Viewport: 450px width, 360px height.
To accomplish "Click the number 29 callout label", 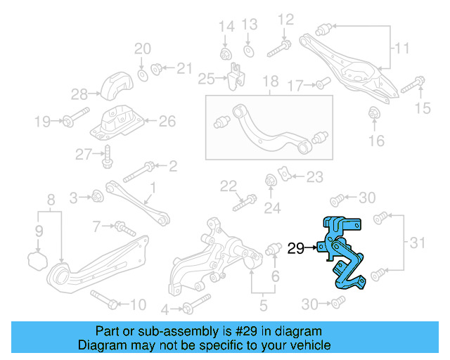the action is pos(295,247).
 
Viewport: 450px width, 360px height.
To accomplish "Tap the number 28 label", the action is pos(79,94).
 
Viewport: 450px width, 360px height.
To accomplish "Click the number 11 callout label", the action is pos(401,49).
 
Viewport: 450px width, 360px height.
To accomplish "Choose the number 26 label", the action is pos(167,121).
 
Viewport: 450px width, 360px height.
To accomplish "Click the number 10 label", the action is pos(138,304).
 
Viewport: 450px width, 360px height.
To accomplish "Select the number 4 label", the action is pos(165,309).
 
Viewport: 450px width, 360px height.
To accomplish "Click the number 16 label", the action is pos(376,141).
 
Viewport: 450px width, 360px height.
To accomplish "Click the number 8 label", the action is pos(51,201).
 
